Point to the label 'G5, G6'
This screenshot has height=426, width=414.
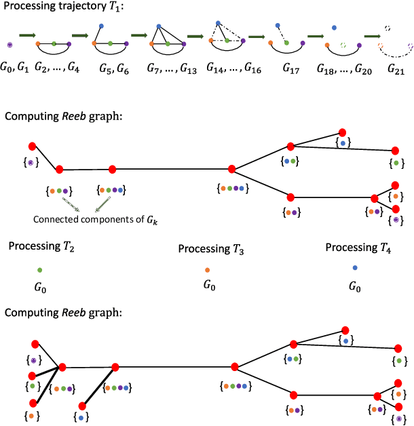point(109,69)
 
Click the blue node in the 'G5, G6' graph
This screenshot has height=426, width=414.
point(100,26)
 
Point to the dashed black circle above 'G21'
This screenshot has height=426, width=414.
point(387,28)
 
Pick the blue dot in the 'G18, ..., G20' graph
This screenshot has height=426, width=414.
point(334,28)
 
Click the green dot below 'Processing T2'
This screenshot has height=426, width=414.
point(40,270)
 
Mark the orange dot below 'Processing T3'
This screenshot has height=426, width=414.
point(208,270)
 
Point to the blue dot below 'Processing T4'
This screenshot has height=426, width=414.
point(354,268)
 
